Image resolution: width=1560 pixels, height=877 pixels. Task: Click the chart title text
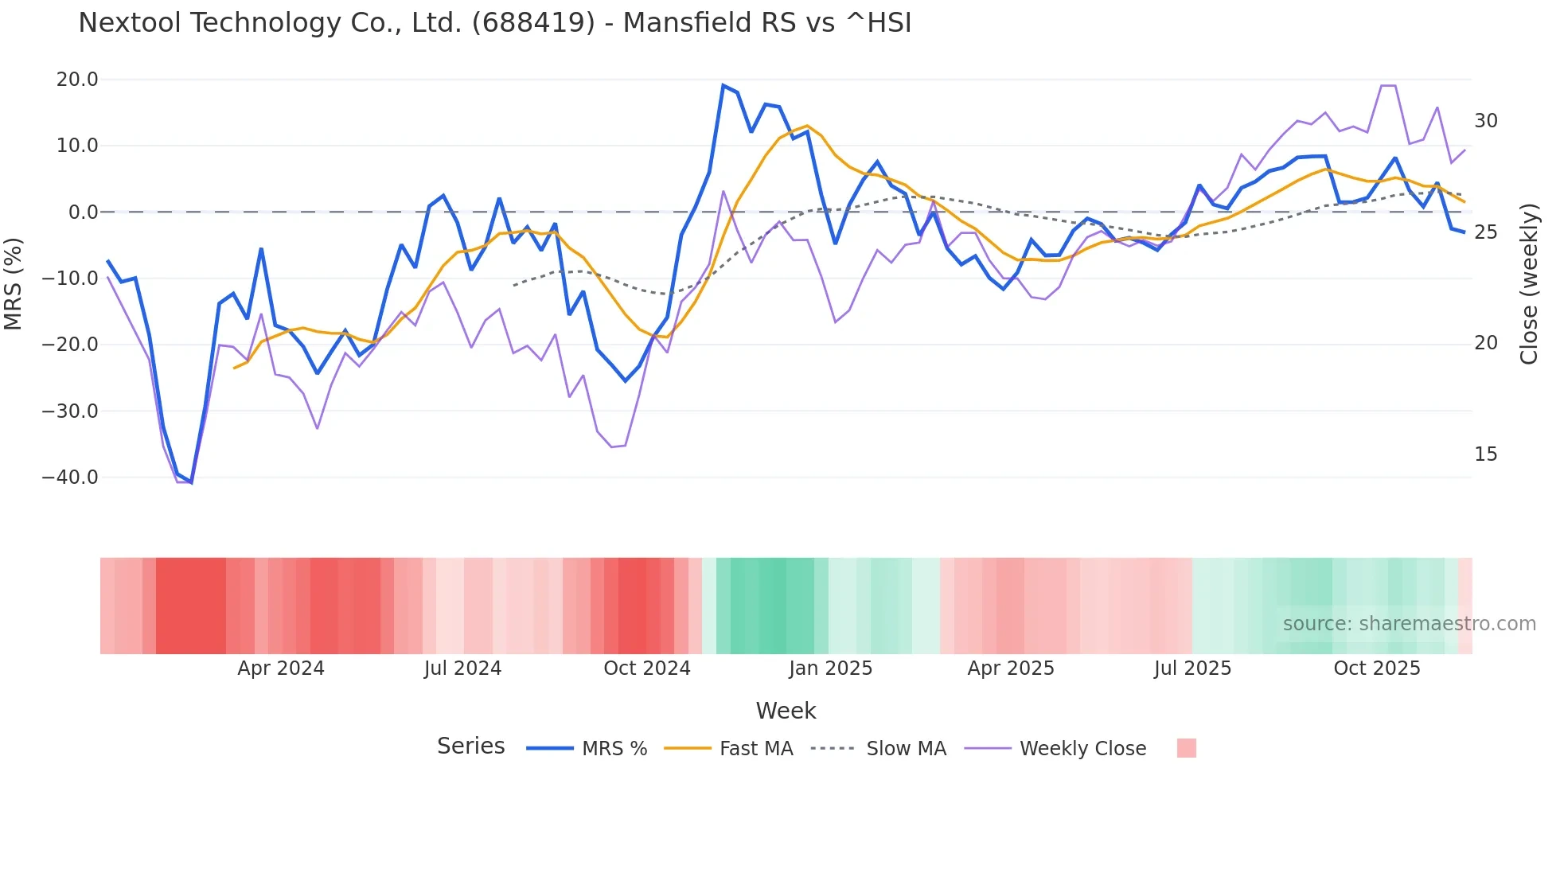pyautogui.click(x=494, y=23)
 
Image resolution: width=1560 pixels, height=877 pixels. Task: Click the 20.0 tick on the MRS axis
pyautogui.click(x=77, y=80)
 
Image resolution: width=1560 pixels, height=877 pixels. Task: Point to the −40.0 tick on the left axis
pyautogui.click(x=71, y=477)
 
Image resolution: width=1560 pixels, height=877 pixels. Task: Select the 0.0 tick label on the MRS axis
pyautogui.click(x=83, y=212)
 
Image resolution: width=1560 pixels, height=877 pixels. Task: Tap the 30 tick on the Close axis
pyautogui.click(x=1485, y=121)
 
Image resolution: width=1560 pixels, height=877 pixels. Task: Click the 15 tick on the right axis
pyautogui.click(x=1485, y=454)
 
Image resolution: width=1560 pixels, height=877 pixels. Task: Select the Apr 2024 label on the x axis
pyautogui.click(x=280, y=668)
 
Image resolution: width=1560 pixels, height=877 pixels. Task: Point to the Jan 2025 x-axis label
pyautogui.click(x=830, y=668)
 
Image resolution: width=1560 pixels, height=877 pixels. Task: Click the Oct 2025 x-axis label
pyautogui.click(x=1376, y=668)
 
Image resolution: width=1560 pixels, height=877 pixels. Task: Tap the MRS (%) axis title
pyautogui.click(x=13, y=283)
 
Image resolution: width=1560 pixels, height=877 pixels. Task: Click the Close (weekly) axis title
pyautogui.click(x=1529, y=284)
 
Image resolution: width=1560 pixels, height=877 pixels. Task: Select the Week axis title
pyautogui.click(x=786, y=711)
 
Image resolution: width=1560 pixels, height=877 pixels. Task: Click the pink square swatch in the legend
pyautogui.click(x=1186, y=748)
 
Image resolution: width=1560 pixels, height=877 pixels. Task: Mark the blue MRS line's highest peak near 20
pyautogui.click(x=723, y=85)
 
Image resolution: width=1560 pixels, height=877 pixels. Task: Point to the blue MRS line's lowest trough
pyautogui.click(x=191, y=482)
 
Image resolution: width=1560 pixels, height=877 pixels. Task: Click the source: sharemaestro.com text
pyautogui.click(x=1409, y=624)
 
